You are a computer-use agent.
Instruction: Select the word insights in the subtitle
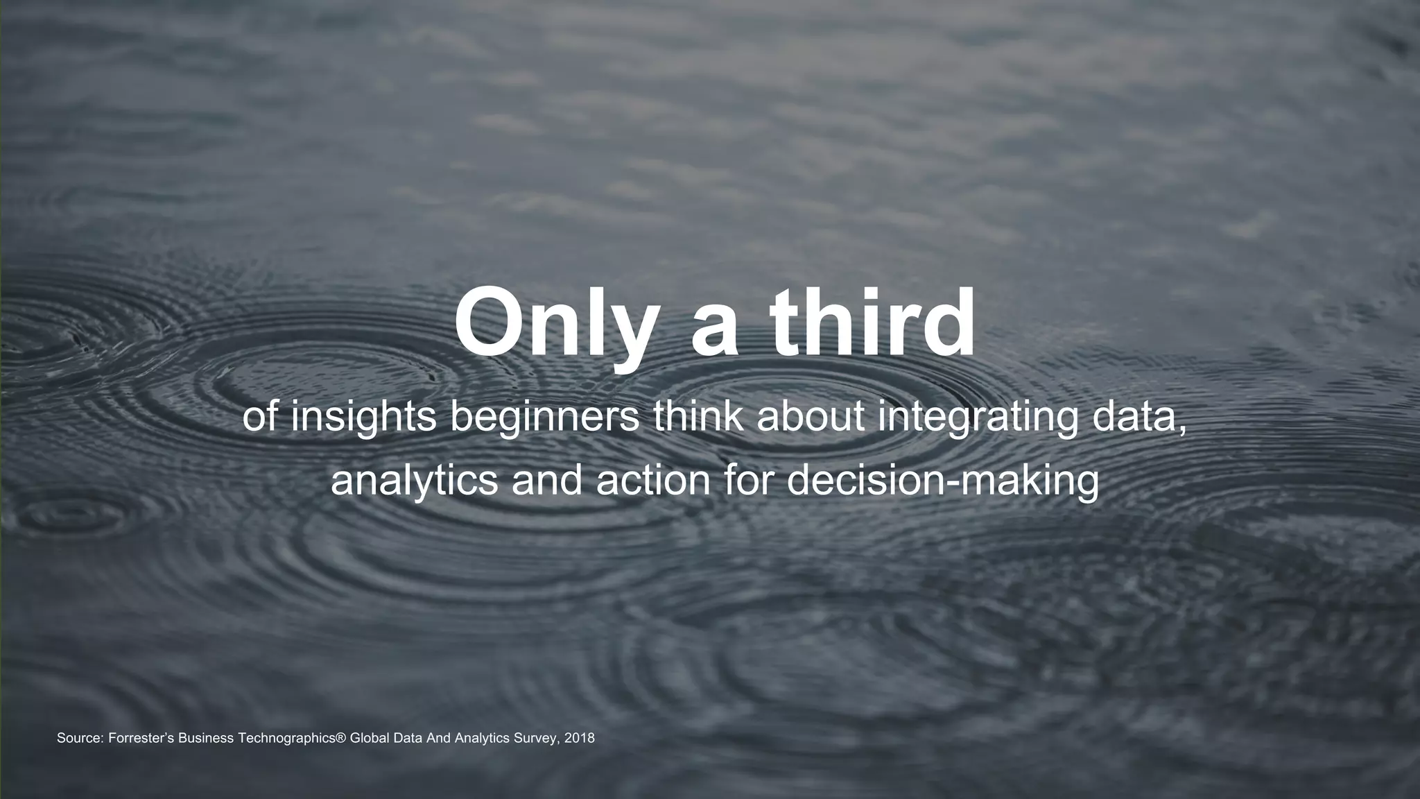(x=363, y=418)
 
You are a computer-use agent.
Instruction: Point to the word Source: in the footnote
(x=80, y=738)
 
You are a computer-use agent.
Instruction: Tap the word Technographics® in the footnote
(x=291, y=739)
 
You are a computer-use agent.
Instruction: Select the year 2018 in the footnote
(x=580, y=738)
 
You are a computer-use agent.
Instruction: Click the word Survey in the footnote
(x=538, y=739)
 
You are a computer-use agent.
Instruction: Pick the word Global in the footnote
(x=369, y=738)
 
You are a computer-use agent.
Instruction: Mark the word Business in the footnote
(x=206, y=738)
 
